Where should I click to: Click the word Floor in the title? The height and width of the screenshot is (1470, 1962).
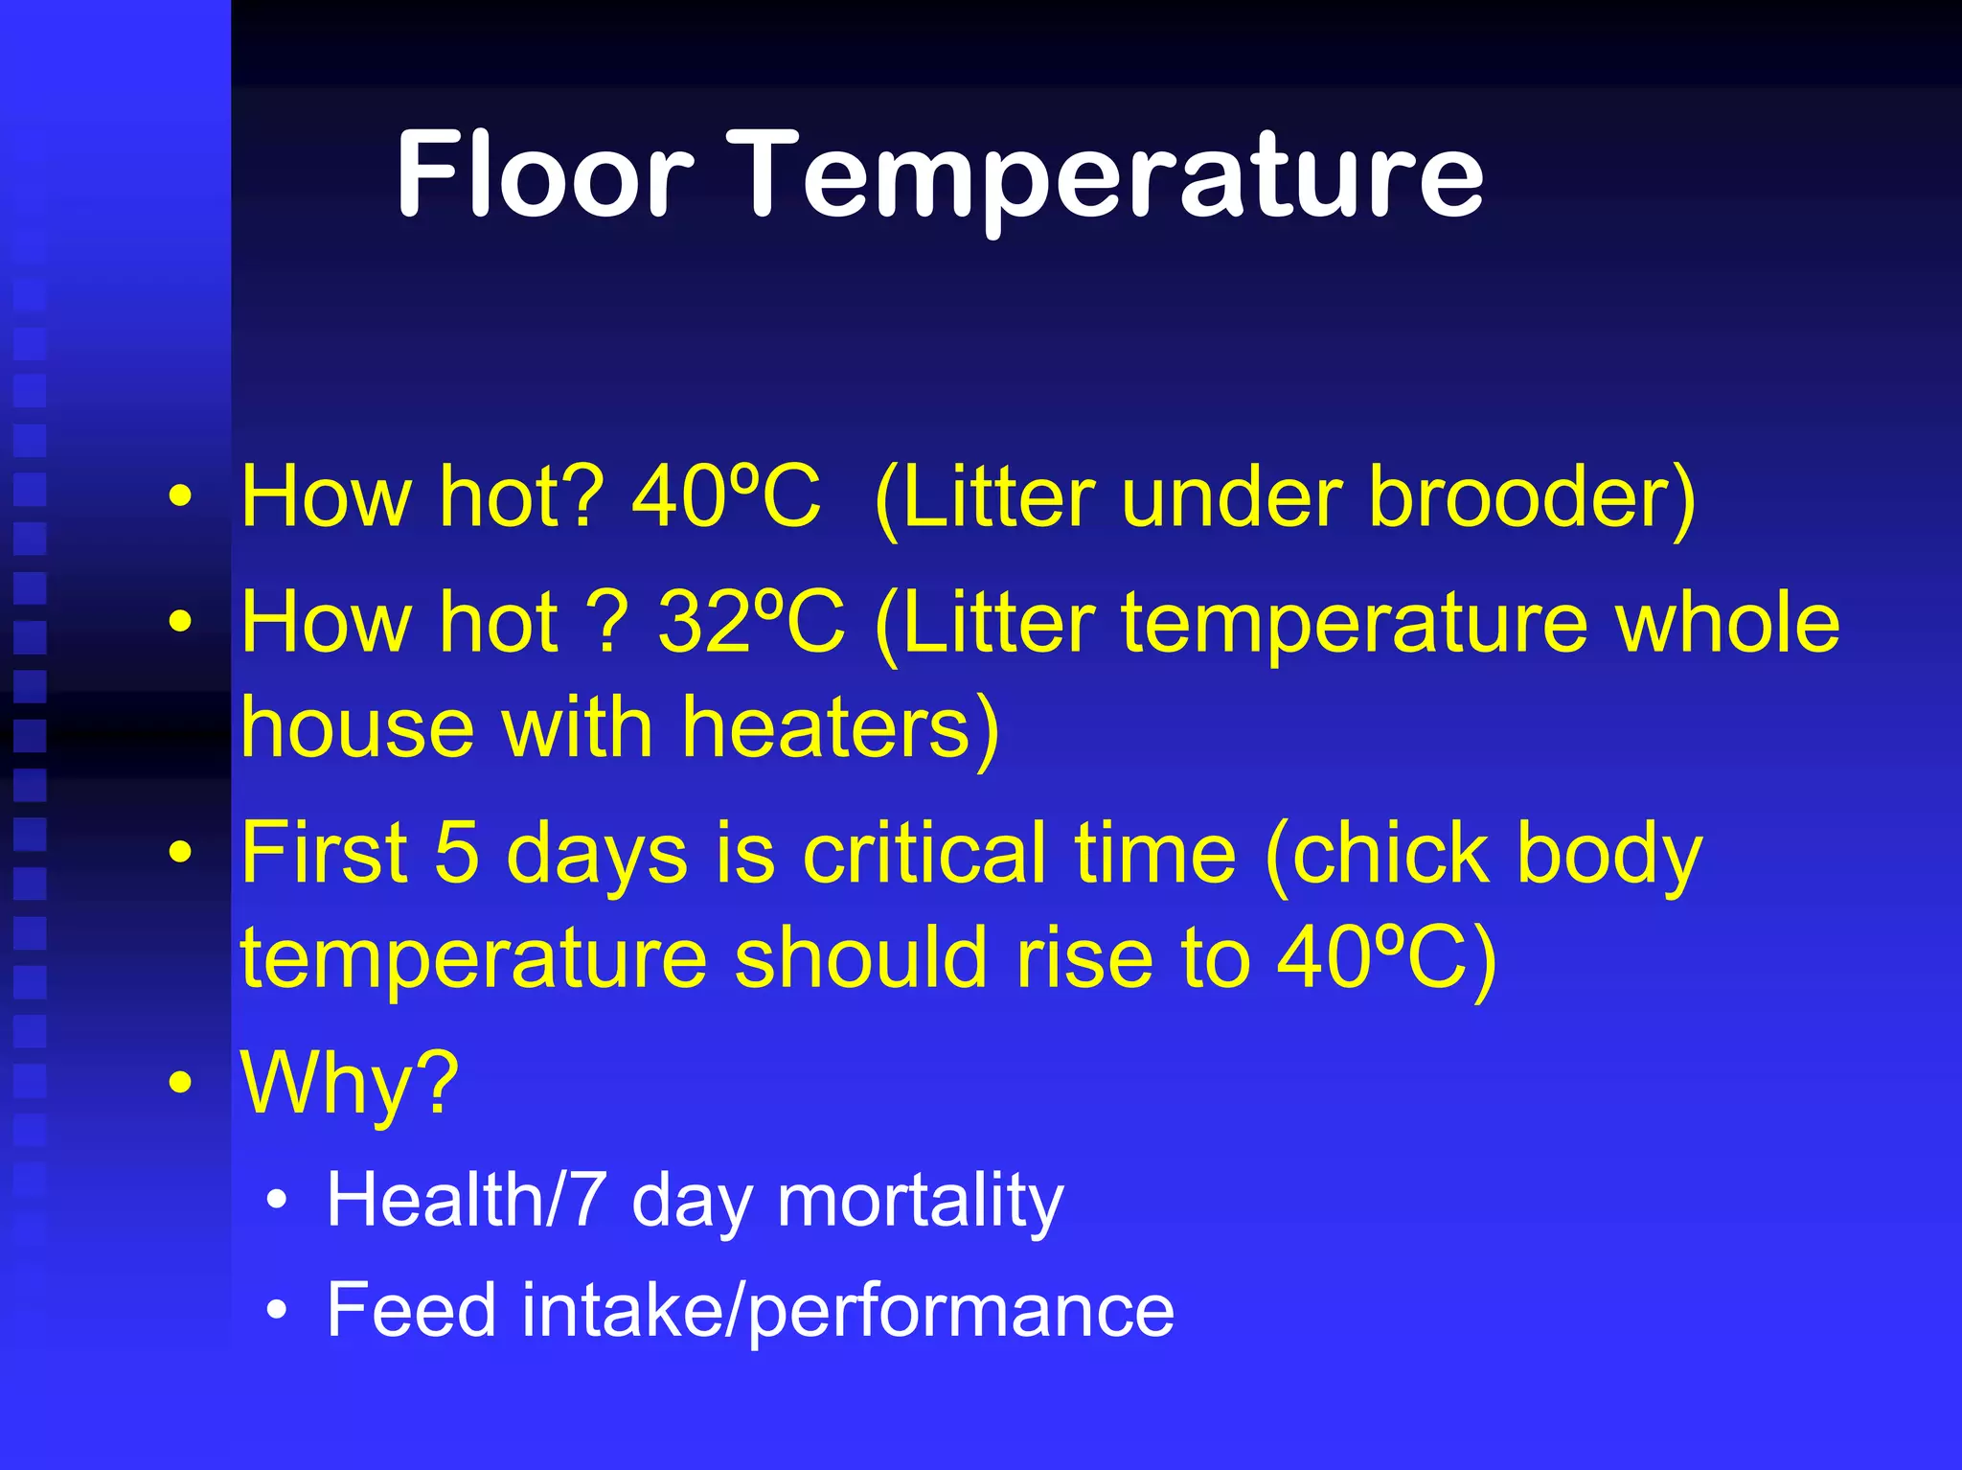point(543,175)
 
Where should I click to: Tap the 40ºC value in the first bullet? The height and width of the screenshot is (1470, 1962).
point(725,496)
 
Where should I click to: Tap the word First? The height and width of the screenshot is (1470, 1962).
point(324,852)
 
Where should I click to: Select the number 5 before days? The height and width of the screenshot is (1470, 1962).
point(456,852)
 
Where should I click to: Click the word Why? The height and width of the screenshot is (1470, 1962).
point(350,1083)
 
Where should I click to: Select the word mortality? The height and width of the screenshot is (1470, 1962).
point(920,1202)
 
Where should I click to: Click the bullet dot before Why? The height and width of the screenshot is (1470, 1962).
point(180,1082)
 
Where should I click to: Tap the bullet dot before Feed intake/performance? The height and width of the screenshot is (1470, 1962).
point(277,1310)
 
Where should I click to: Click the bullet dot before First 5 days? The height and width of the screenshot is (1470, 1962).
point(180,852)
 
